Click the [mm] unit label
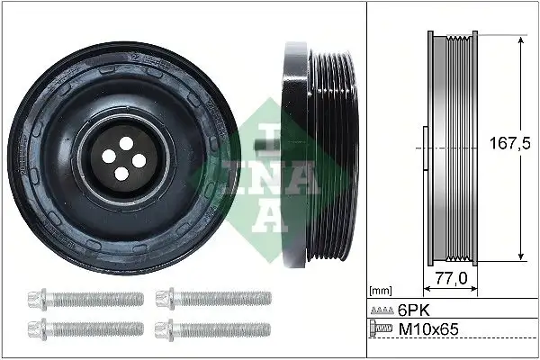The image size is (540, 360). [382, 291]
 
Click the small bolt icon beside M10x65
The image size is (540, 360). [382, 330]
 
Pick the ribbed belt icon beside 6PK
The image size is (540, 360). [382, 311]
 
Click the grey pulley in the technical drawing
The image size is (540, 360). [450, 148]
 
